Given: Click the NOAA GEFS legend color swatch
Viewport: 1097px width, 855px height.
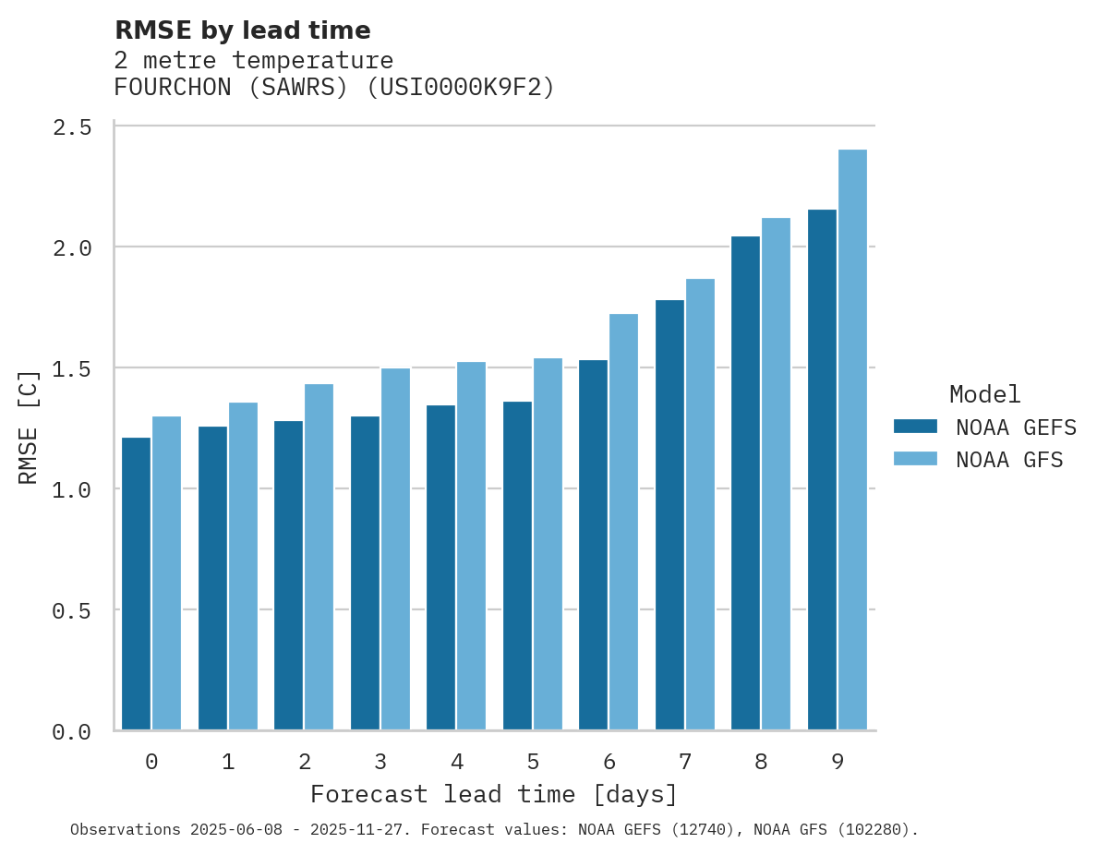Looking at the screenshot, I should click(915, 427).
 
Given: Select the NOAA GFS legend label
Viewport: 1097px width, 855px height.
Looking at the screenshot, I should click(1009, 460).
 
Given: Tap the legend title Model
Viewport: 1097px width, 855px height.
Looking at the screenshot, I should click(984, 394).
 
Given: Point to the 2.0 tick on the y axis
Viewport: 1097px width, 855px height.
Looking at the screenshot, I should click(71, 247).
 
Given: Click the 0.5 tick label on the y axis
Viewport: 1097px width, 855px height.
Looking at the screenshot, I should click(71, 610).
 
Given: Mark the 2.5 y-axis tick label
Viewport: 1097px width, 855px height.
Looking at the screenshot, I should click(71, 126).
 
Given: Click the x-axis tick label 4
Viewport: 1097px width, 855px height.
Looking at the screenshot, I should click(457, 762).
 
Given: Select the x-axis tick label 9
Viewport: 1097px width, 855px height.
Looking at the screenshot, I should click(838, 762).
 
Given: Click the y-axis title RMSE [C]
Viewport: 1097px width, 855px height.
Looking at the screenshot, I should click(29, 427).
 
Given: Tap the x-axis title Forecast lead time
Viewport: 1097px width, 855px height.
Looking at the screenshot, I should click(494, 794).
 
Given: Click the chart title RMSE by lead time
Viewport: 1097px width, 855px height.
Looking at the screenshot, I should click(242, 30).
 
